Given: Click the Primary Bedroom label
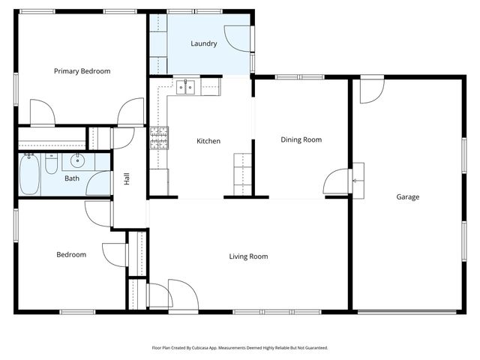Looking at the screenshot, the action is [82, 71].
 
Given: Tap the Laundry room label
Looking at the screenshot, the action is [204, 43].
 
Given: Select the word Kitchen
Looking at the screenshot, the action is [208, 141].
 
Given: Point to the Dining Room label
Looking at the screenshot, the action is [301, 140].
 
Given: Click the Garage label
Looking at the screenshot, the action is [408, 196].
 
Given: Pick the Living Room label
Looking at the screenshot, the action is [248, 256].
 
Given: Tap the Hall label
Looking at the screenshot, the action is [127, 178].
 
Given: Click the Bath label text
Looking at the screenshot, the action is [72, 178].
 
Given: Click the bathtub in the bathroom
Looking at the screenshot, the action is [30, 174].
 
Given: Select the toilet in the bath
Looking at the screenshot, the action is [52, 163].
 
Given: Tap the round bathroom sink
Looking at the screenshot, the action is [77, 160].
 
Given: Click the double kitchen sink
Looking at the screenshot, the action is [185, 87].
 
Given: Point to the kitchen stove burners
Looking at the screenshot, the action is [159, 138].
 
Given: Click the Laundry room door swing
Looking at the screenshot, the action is [237, 38].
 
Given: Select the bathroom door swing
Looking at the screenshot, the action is [98, 183].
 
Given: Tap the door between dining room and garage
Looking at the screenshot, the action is [336, 181].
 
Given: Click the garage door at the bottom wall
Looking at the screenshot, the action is [407, 312].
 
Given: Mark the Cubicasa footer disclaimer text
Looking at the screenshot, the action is [240, 348].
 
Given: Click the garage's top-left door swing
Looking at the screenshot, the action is [372, 91].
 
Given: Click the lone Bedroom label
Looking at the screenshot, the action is [71, 255].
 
